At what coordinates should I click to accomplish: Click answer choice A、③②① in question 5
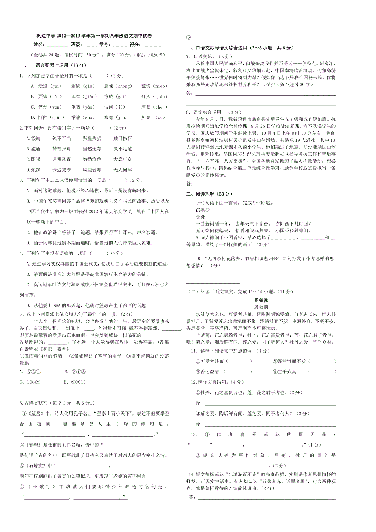point(30,372)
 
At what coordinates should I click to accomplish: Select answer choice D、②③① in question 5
point(74,382)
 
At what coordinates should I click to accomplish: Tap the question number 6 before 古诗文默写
point(21,402)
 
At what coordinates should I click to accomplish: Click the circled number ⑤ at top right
point(188,36)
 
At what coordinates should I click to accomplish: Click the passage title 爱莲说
point(261,300)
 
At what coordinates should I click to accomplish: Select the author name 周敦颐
point(261,307)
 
